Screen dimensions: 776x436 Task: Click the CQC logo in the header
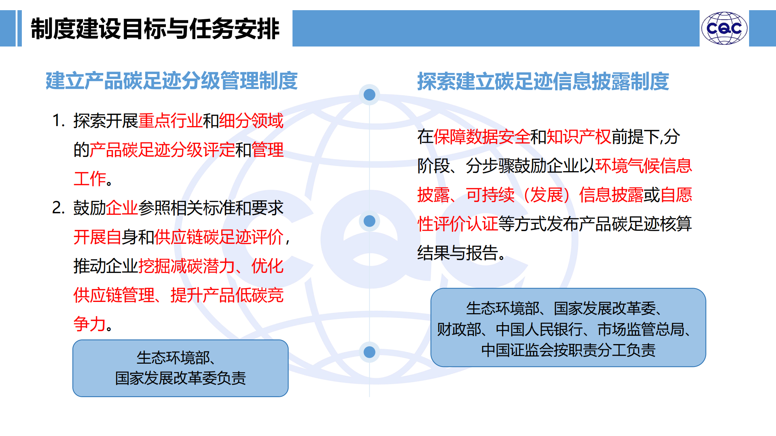tap(724, 28)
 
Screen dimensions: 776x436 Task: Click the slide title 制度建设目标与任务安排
tap(155, 29)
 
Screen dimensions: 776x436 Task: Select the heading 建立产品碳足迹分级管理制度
tap(172, 81)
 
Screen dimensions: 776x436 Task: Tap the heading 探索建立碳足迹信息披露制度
tap(543, 81)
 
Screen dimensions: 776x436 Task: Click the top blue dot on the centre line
tap(369, 95)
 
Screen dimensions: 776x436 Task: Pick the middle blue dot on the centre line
tap(369, 221)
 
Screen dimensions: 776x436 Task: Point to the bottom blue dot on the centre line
tap(369, 352)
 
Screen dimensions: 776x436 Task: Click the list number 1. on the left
tap(58, 121)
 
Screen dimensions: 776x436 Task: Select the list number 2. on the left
tap(58, 208)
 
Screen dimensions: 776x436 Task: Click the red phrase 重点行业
tap(170, 121)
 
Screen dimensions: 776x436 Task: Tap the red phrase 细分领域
tap(251, 121)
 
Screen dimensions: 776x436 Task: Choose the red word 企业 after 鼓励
tap(122, 208)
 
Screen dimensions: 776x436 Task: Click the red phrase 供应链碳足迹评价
tap(219, 237)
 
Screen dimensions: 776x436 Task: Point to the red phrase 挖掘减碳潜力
tap(187, 266)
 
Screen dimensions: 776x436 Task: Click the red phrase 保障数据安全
tap(482, 137)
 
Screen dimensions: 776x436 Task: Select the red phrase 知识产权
tap(579, 137)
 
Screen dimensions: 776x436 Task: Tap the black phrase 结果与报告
tap(458, 253)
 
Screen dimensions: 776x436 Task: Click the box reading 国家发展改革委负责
tap(180, 368)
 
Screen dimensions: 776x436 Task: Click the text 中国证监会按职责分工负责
tap(568, 350)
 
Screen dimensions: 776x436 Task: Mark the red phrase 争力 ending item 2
tap(89, 324)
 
